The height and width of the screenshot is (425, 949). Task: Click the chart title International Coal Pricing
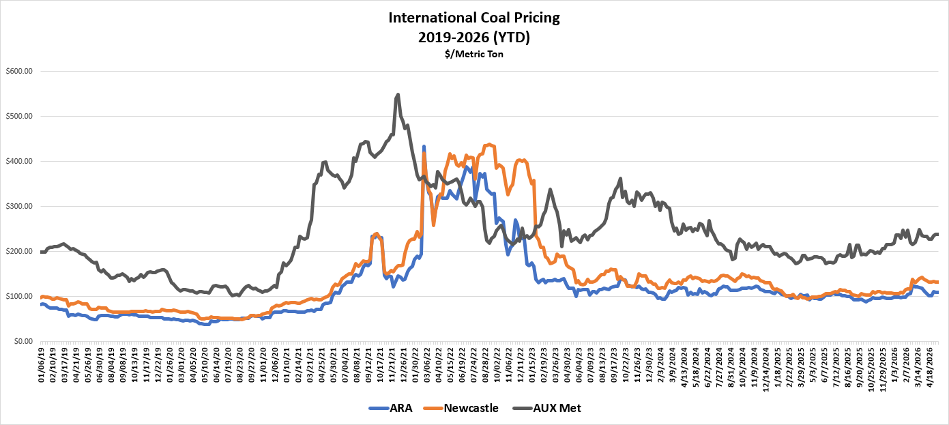pos(474,18)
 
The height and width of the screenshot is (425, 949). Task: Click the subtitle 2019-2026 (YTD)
pos(474,38)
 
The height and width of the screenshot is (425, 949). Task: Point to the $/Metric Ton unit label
pos(474,55)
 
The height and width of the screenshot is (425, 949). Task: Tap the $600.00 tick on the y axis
pos(19,71)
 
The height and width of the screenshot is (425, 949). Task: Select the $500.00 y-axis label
pos(19,116)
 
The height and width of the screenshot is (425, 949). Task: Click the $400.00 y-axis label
pos(19,161)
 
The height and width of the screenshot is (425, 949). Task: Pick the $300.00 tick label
pos(19,206)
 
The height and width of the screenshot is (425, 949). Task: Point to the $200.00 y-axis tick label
pos(19,251)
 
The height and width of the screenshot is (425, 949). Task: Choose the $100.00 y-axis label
pos(19,296)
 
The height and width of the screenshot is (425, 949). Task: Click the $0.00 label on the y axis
pos(23,341)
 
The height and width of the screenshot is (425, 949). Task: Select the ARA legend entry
pos(390,408)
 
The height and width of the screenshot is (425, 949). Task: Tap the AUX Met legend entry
pos(546,408)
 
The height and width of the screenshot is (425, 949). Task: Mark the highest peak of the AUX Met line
pos(398,94)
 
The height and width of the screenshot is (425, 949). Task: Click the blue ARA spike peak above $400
pos(424,146)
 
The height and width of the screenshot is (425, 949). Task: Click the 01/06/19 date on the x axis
pos(41,365)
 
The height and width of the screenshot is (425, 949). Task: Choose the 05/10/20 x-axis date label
pos(205,365)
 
